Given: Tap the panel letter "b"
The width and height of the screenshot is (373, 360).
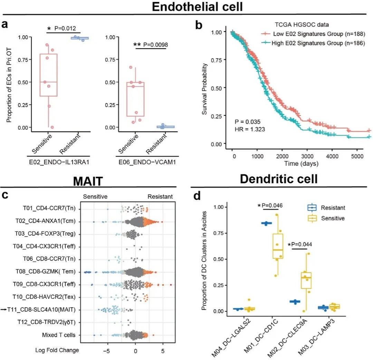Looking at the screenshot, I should [199, 25].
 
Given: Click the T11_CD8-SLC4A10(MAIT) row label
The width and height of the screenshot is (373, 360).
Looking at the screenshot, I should [47, 310].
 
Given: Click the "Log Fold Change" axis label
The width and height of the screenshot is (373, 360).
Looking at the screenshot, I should [57, 350].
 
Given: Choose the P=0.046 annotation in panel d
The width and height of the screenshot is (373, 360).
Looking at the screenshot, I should [270, 206].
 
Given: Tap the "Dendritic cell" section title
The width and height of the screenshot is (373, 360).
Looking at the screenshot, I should [279, 179].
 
